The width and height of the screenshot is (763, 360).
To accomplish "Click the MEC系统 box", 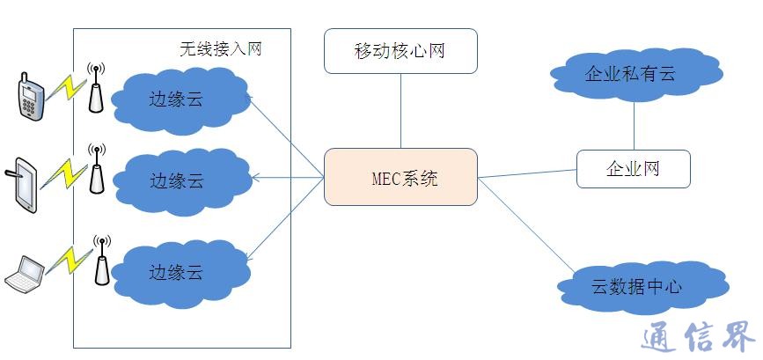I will (400, 177).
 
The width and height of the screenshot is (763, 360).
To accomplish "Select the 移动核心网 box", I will (400, 50).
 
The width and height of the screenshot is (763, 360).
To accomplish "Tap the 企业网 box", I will (633, 168).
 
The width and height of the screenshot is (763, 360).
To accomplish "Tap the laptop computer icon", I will (26, 274).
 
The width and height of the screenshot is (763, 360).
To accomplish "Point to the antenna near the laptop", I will (102, 261).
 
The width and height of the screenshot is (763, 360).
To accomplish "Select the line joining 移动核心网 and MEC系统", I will (400, 110).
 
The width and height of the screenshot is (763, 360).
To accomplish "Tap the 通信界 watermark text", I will (694, 337).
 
